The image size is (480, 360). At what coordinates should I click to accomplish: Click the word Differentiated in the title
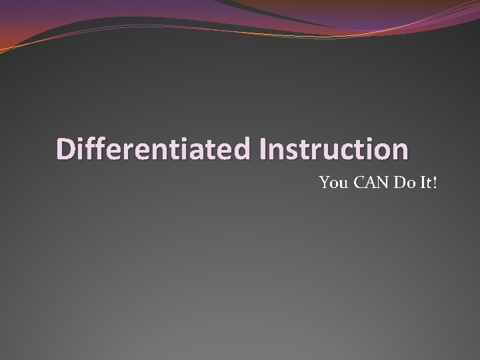pyautogui.click(x=153, y=149)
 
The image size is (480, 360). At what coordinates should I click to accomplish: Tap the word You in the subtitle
pyautogui.click(x=331, y=182)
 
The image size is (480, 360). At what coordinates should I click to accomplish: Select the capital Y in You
pyautogui.click(x=324, y=182)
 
